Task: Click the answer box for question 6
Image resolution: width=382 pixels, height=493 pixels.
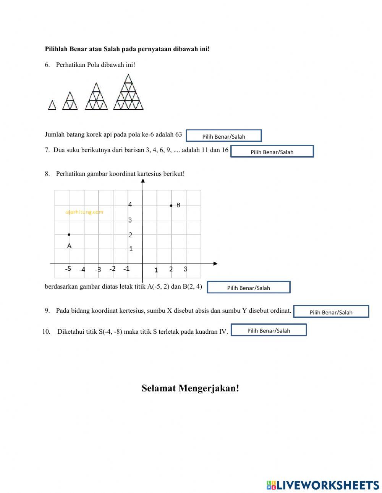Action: pos(224,136)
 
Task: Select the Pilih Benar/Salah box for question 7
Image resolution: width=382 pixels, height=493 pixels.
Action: pos(272,151)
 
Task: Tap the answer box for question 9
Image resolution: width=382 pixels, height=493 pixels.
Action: pos(331,312)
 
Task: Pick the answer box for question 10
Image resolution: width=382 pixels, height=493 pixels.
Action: pos(269,330)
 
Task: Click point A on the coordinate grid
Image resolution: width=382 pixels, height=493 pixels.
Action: pos(69,234)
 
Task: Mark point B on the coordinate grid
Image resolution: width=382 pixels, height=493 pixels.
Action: pos(171,205)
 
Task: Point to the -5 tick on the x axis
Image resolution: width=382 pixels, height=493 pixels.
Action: pos(68,269)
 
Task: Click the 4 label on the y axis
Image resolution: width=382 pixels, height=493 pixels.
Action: pos(130,205)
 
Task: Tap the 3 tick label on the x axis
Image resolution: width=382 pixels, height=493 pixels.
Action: pos(185,269)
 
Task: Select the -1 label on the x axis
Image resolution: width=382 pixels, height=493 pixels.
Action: pos(126,269)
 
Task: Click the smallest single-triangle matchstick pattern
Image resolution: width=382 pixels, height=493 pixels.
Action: pos(52,105)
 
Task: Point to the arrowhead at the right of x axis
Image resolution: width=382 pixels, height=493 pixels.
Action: pos(215,263)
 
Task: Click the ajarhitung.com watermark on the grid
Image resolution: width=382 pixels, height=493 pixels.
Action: pos(84,212)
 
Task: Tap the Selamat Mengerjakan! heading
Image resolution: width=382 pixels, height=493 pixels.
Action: pos(190,388)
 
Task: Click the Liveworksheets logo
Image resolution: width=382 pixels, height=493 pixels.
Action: pos(323,485)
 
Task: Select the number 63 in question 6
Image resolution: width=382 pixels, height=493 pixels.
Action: pos(178,134)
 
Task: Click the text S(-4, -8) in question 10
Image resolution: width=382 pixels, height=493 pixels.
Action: pos(110,331)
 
